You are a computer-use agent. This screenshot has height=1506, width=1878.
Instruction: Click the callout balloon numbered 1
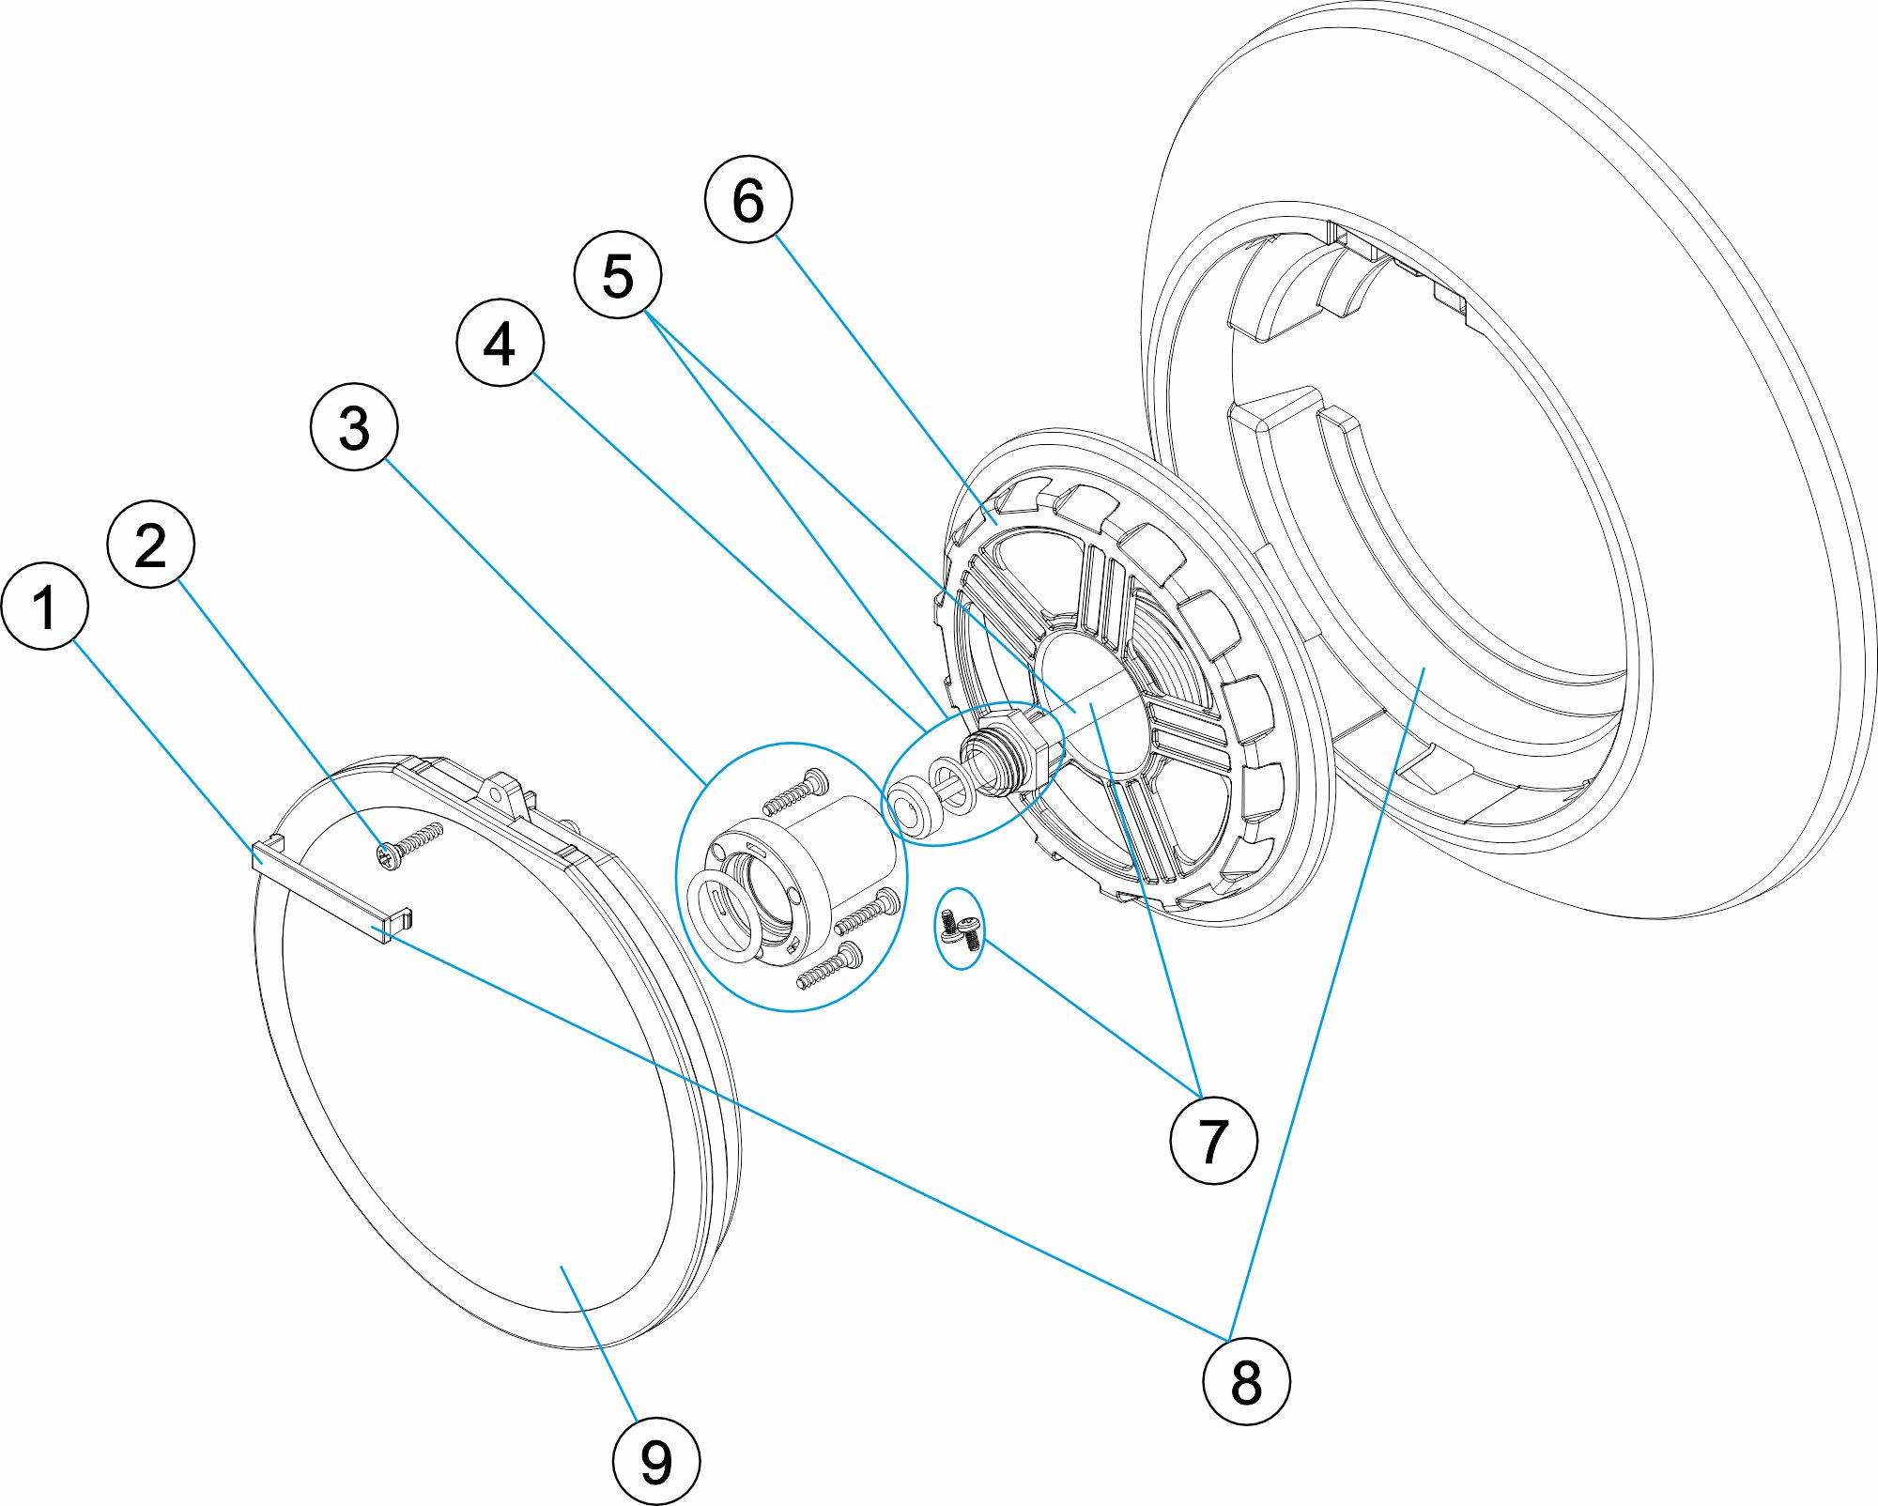coord(45,606)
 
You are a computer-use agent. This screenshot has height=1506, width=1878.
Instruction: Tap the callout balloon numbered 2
coord(151,545)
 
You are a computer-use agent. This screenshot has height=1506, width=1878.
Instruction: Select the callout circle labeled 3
coord(354,426)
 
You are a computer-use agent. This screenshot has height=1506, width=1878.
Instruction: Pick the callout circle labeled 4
coord(500,343)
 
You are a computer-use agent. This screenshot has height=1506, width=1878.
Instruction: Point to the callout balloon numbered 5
coord(617,275)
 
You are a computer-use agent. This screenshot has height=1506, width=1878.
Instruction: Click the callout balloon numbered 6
coord(748,199)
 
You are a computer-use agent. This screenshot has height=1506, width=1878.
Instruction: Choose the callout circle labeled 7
coord(1213,1140)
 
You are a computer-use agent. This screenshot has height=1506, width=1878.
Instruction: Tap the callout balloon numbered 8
coord(1246,1381)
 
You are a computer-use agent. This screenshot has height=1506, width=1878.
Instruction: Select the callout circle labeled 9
coord(655,1462)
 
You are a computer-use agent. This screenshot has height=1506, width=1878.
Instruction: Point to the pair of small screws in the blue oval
coord(961,928)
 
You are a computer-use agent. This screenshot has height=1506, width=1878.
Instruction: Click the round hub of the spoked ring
coord(1089,704)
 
